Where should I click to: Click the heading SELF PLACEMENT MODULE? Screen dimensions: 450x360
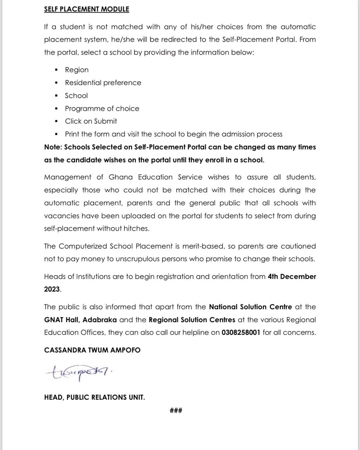tap(86, 9)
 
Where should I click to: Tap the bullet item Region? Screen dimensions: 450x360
tap(77, 70)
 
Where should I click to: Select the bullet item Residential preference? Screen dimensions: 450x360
tap(103, 83)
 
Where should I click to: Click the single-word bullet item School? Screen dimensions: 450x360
tap(76, 96)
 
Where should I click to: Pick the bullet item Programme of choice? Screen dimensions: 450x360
tap(102, 109)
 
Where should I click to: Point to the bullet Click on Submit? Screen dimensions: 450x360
tap(91, 121)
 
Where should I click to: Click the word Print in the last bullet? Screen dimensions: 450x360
tap(72, 134)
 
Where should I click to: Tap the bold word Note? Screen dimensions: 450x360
tap(53, 147)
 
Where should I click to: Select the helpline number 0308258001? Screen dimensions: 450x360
tap(241, 333)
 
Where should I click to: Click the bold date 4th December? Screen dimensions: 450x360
tap(292, 277)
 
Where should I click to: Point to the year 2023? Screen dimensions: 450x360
tap(52, 289)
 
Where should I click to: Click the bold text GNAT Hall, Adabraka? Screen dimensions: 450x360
tap(80, 320)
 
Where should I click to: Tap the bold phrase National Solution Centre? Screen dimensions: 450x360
tap(250, 307)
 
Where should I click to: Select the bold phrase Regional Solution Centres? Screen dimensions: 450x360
tap(192, 320)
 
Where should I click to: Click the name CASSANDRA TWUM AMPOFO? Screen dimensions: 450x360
tap(92, 350)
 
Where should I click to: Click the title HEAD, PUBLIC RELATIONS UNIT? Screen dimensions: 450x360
tap(94, 397)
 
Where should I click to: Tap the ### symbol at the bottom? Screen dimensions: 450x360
tap(176, 411)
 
